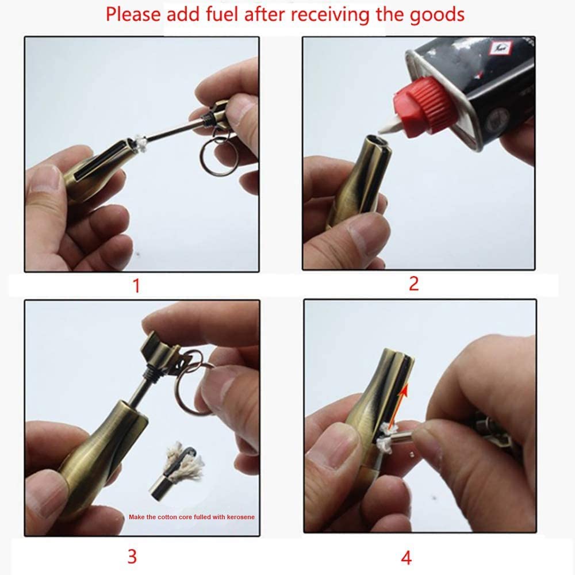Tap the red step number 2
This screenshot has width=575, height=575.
(x=413, y=282)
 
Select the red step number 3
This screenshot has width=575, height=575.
(x=132, y=556)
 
